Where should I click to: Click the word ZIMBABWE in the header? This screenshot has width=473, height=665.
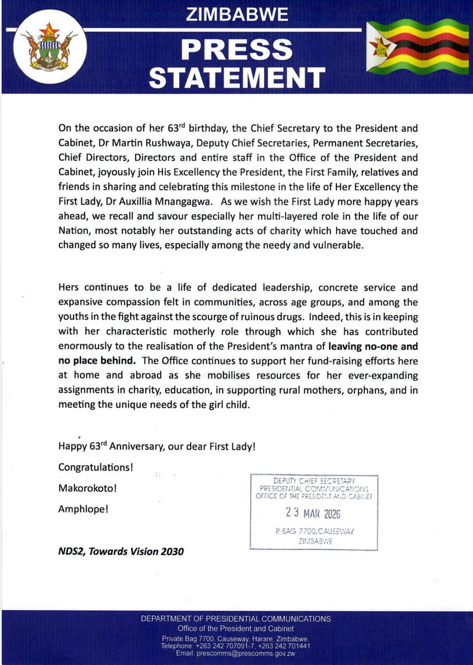click(x=237, y=15)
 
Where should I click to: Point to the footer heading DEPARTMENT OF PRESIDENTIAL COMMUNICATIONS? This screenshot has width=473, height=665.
click(x=236, y=619)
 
